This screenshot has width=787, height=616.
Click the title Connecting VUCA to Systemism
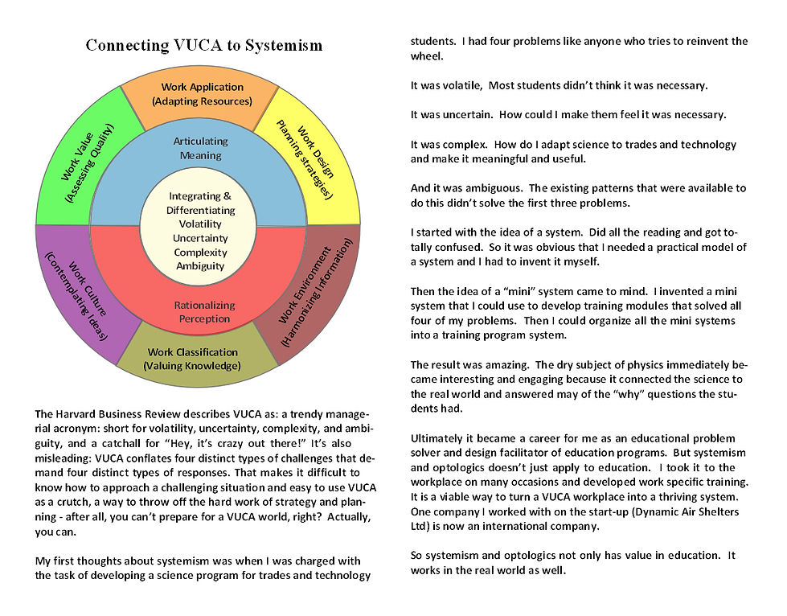pos(204,45)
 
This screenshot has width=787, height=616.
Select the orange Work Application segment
pos(202,93)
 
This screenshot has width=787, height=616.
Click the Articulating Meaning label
pos(201,148)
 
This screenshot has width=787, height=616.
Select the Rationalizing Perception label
pos(204,311)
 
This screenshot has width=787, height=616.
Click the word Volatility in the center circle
pos(200,224)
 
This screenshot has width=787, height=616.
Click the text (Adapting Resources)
pos(202,101)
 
